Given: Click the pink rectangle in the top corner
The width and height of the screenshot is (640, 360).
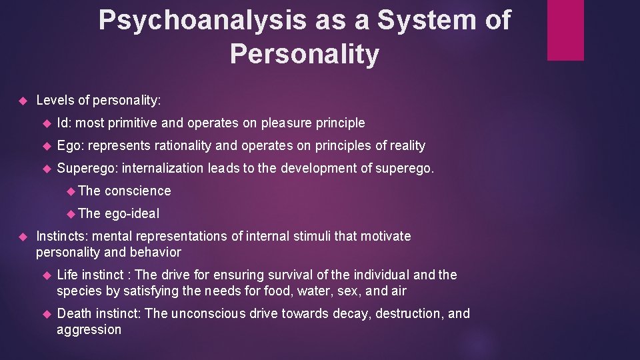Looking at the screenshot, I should coord(565,30).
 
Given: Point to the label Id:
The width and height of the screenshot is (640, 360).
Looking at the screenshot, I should coord(65,123).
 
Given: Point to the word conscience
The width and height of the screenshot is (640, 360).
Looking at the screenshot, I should coord(137,191).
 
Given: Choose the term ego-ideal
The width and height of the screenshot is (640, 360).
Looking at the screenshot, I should coord(132,213).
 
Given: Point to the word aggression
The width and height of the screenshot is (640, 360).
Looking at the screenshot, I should coord(89,329).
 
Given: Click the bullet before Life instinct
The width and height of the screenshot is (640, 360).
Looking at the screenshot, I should coord(46,275).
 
